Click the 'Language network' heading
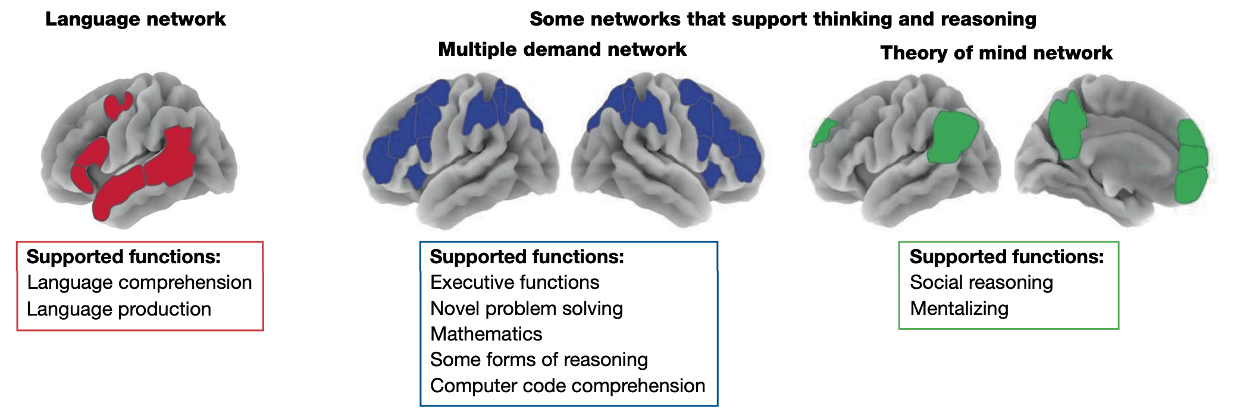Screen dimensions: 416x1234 pos(135,19)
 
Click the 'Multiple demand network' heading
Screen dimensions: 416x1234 pos(562,49)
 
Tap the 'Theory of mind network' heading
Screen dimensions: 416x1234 pos(996,53)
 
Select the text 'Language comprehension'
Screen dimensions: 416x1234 pos(139,282)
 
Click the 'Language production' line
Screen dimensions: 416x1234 pos(119,309)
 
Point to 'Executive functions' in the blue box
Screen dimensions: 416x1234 pos(515,282)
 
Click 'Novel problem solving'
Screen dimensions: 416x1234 pos(527,308)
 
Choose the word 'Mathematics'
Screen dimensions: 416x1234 pos(486,334)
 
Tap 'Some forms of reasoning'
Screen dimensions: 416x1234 pos(539,360)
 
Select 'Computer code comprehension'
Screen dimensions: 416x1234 pos(568,386)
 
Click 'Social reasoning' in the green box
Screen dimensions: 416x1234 pos(981,282)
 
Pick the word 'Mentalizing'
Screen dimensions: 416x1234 pos(959,308)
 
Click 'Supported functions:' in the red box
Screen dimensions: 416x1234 pos(124,257)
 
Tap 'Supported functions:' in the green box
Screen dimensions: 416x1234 pos(1007,257)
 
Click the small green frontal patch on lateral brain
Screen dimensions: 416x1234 pos(824,132)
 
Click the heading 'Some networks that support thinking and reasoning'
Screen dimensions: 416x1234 pos(782,19)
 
